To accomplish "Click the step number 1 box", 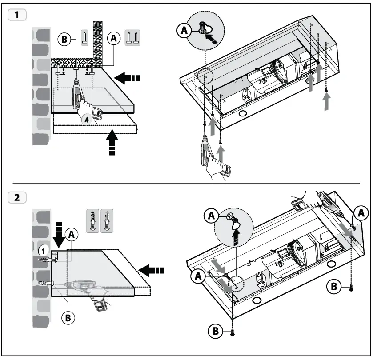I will pyautogui.click(x=17, y=14).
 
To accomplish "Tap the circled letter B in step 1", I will pyautogui.click(x=64, y=39).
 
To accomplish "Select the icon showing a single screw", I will pyautogui.click(x=84, y=36).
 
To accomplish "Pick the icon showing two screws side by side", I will pyautogui.click(x=132, y=36).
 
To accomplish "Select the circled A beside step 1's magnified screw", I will pyautogui.click(x=183, y=31).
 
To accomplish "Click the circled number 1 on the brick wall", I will pyautogui.click(x=43, y=251).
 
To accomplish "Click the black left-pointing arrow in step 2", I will pyautogui.click(x=151, y=270).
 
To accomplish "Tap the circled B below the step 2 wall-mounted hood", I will pyautogui.click(x=68, y=317).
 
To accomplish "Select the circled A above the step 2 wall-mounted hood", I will pyautogui.click(x=70, y=234).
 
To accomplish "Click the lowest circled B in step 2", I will pyautogui.click(x=216, y=330).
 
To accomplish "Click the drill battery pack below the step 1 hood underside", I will pyautogui.click(x=229, y=170).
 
